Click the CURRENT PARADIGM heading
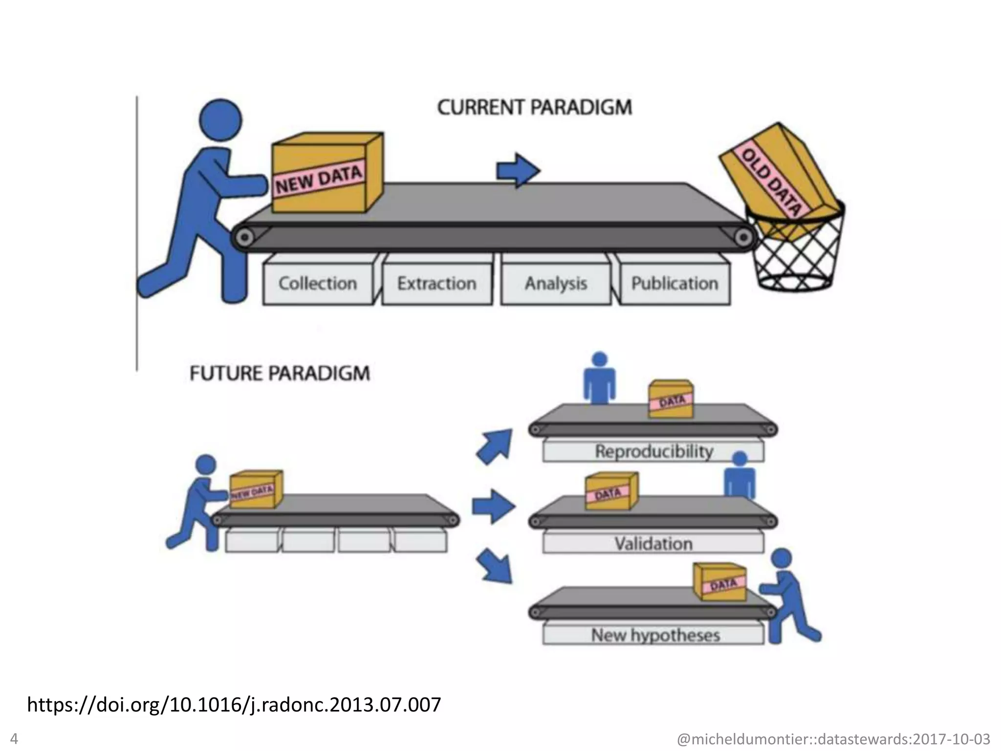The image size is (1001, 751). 534,108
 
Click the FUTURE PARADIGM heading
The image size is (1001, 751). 280,374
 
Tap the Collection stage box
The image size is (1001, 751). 318,284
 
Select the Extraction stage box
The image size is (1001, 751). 437,284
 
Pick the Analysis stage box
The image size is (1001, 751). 556,284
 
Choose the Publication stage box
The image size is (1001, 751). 675,284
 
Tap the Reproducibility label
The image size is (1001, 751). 653,451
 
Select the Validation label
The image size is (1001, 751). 653,544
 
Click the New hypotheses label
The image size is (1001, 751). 655,635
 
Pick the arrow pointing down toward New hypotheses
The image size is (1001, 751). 495,566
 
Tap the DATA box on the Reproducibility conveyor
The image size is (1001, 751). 671,399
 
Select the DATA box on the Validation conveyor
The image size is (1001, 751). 611,491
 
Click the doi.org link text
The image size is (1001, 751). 234,705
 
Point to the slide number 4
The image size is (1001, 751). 14,738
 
